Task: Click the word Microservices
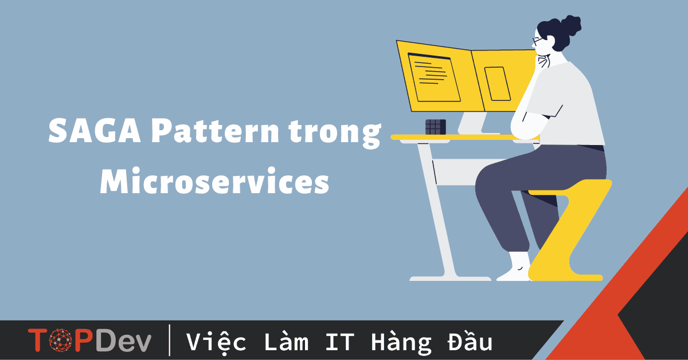pyautogui.click(x=214, y=182)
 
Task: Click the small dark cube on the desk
pyautogui.click(x=435, y=127)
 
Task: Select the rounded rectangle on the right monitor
pyautogui.click(x=497, y=84)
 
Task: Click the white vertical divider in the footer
pyautogui.click(x=170, y=341)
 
